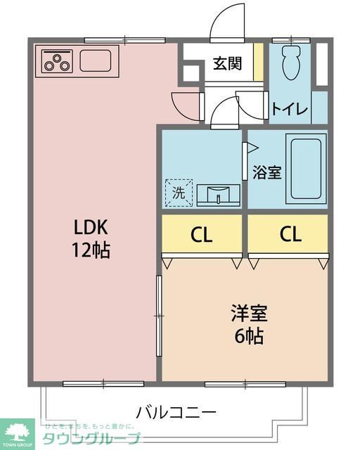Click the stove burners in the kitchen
click(57, 61)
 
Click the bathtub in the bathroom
click(306, 169)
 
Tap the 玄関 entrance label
click(228, 64)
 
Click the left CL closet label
click(202, 235)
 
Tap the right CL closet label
click(290, 235)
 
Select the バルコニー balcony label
click(176, 411)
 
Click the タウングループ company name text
click(91, 438)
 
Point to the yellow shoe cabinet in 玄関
click(258, 63)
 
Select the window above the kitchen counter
click(105, 39)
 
